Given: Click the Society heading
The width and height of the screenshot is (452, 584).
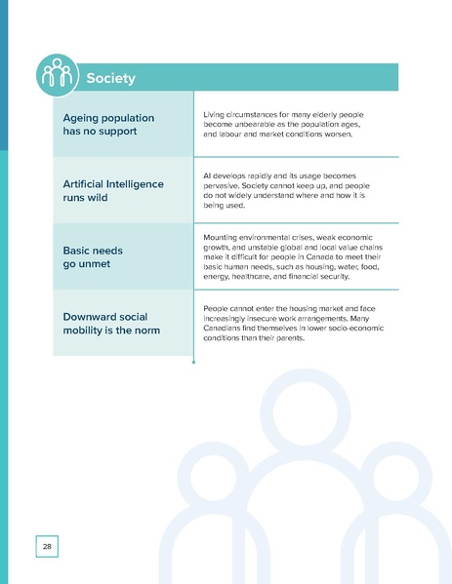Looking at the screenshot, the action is [x=110, y=78].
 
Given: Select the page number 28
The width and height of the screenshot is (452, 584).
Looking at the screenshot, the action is [x=47, y=547].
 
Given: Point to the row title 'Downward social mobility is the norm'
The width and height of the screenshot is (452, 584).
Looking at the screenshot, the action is [x=110, y=324].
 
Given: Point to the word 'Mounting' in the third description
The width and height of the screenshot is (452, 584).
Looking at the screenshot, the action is [x=224, y=237].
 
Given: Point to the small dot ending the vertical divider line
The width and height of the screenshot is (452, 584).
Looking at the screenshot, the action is [x=194, y=362].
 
